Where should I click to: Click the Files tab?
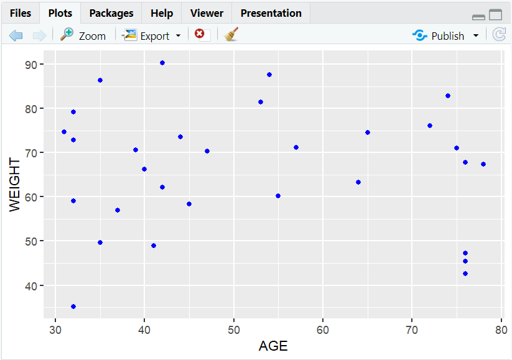[20, 13]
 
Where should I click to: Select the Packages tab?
[111, 13]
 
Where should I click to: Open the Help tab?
[162, 13]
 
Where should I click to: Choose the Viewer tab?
[207, 13]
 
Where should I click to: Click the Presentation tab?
[271, 13]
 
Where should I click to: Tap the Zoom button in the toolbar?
[83, 35]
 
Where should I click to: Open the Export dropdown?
[153, 35]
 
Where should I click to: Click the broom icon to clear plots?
[231, 35]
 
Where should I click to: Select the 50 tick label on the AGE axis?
[233, 329]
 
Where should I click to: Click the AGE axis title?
[273, 346]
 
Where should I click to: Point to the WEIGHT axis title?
[15, 186]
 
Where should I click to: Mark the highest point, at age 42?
[162, 63]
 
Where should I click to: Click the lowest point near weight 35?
[73, 307]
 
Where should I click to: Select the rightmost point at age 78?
[483, 164]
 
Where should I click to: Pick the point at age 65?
[368, 132]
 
